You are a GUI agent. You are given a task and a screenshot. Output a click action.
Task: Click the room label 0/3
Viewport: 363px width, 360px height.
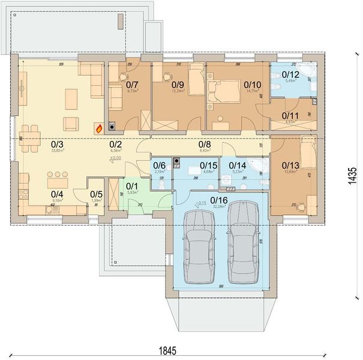(x=56, y=145)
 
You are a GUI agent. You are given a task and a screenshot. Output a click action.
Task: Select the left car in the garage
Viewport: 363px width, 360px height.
(x=199, y=244)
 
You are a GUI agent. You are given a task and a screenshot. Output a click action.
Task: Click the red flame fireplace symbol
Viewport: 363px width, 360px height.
(x=98, y=127)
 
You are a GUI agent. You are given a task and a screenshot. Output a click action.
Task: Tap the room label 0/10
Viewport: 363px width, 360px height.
(x=252, y=85)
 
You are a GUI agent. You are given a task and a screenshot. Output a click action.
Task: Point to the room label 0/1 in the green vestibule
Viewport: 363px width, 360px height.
(x=131, y=185)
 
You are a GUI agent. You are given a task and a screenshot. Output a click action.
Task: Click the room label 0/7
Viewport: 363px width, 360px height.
(x=133, y=85)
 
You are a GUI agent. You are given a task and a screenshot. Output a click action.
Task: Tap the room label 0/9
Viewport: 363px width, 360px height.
(x=178, y=85)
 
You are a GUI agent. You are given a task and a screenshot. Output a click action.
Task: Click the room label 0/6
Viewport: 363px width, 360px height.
(x=159, y=165)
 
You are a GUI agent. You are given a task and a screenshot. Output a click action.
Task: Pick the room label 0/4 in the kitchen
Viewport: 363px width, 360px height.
(x=56, y=194)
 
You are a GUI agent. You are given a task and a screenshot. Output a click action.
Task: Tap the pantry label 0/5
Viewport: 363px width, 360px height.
(x=96, y=194)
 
